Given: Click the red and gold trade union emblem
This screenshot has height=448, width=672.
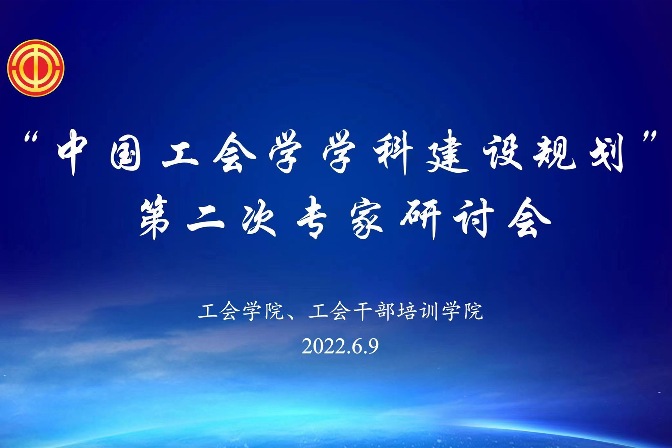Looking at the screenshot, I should pyautogui.click(x=36, y=68).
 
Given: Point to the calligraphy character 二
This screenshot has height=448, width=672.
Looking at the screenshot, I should pyautogui.click(x=206, y=218).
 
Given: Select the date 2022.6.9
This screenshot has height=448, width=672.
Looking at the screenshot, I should pyautogui.click(x=340, y=346).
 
